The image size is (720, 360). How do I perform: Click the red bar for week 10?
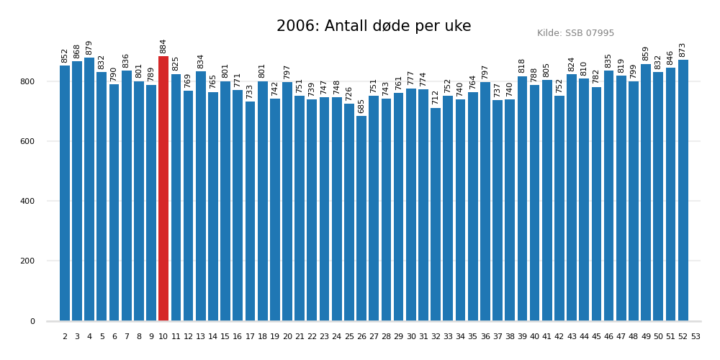point(163,189)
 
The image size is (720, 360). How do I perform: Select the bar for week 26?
point(361,218)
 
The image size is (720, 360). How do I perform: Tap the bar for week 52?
point(683,190)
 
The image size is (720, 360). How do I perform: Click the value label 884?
point(163,46)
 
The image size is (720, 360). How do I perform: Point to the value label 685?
point(361,106)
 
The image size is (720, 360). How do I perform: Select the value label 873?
point(683,50)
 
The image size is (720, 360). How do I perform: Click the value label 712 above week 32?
point(436,97)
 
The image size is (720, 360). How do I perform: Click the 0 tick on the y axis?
point(32,321)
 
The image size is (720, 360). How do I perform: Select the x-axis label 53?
point(696,336)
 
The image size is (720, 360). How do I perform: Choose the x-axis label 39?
point(522,336)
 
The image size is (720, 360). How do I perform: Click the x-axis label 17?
point(250,336)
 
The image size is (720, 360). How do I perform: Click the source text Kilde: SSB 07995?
point(575,33)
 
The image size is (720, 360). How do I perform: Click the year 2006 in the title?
point(297,27)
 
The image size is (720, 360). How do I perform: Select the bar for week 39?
point(522,199)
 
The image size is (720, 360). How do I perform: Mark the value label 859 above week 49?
point(646,53)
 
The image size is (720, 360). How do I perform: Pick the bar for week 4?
point(89,189)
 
